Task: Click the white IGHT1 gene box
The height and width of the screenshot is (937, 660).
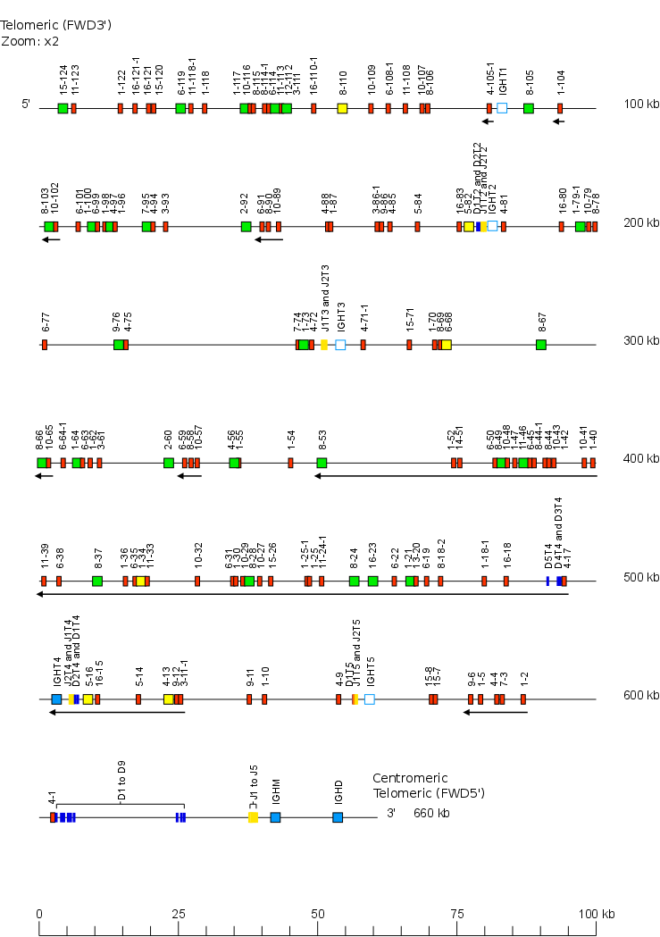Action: pos(502,108)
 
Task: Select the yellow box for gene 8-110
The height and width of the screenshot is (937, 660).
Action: pos(342,108)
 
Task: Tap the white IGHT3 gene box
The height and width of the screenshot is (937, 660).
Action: pos(340,345)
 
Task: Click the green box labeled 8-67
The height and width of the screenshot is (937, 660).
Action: pos(541,345)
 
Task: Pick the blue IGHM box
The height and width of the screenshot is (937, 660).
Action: pos(275,817)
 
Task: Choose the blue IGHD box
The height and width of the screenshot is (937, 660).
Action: pos(338,817)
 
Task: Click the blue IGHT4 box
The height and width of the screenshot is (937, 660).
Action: pos(56,699)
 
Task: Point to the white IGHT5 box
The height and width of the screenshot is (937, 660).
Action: pos(370,699)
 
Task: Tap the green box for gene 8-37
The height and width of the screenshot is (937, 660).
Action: pos(97,581)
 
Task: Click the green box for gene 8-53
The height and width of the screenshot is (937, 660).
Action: pos(322,463)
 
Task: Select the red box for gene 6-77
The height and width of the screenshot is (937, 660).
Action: pos(44,345)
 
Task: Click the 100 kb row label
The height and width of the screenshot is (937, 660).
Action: pos(641,105)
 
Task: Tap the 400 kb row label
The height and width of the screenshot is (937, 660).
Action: pos(641,459)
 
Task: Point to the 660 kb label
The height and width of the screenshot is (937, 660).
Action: pos(431,814)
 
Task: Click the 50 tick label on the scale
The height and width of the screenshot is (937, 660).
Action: pos(318,914)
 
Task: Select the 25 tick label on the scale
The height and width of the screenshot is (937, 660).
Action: pos(179,914)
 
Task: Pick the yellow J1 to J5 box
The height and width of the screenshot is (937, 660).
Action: pos(253,817)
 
